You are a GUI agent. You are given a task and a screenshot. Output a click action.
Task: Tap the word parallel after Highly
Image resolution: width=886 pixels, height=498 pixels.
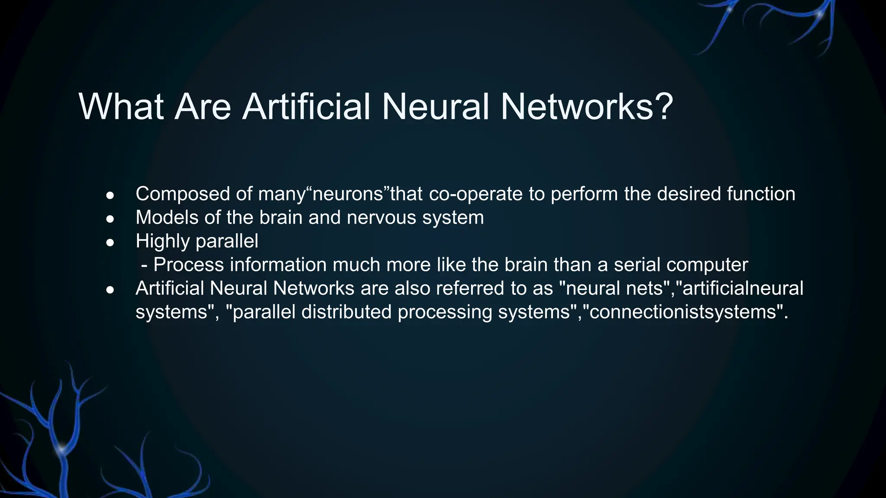point(227,241)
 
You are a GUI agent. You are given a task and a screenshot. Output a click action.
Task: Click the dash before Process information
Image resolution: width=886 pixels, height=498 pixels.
point(144,265)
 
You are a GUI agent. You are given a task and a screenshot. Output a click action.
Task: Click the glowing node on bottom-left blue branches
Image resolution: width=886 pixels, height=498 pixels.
point(61,449)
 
